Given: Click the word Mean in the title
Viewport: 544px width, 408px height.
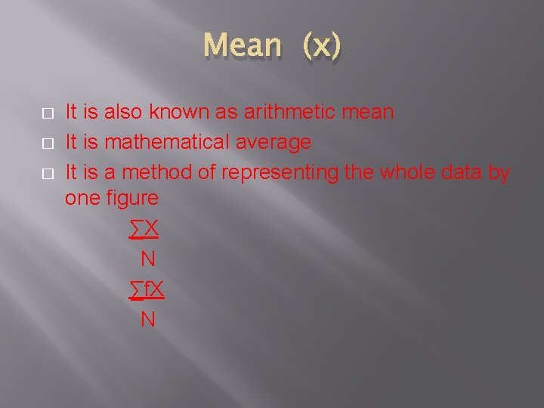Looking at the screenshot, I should (242, 45).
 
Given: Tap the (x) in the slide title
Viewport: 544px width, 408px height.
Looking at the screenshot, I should (322, 45).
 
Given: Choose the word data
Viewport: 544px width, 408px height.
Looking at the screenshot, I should (461, 172).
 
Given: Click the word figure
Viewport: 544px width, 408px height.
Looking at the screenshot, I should (132, 199).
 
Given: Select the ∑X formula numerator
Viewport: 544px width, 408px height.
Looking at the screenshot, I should (144, 229).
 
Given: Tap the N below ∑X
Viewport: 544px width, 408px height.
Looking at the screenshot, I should (148, 259).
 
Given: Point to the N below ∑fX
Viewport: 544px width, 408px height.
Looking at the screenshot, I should (148, 320).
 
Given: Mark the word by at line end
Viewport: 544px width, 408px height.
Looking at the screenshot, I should (499, 173).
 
